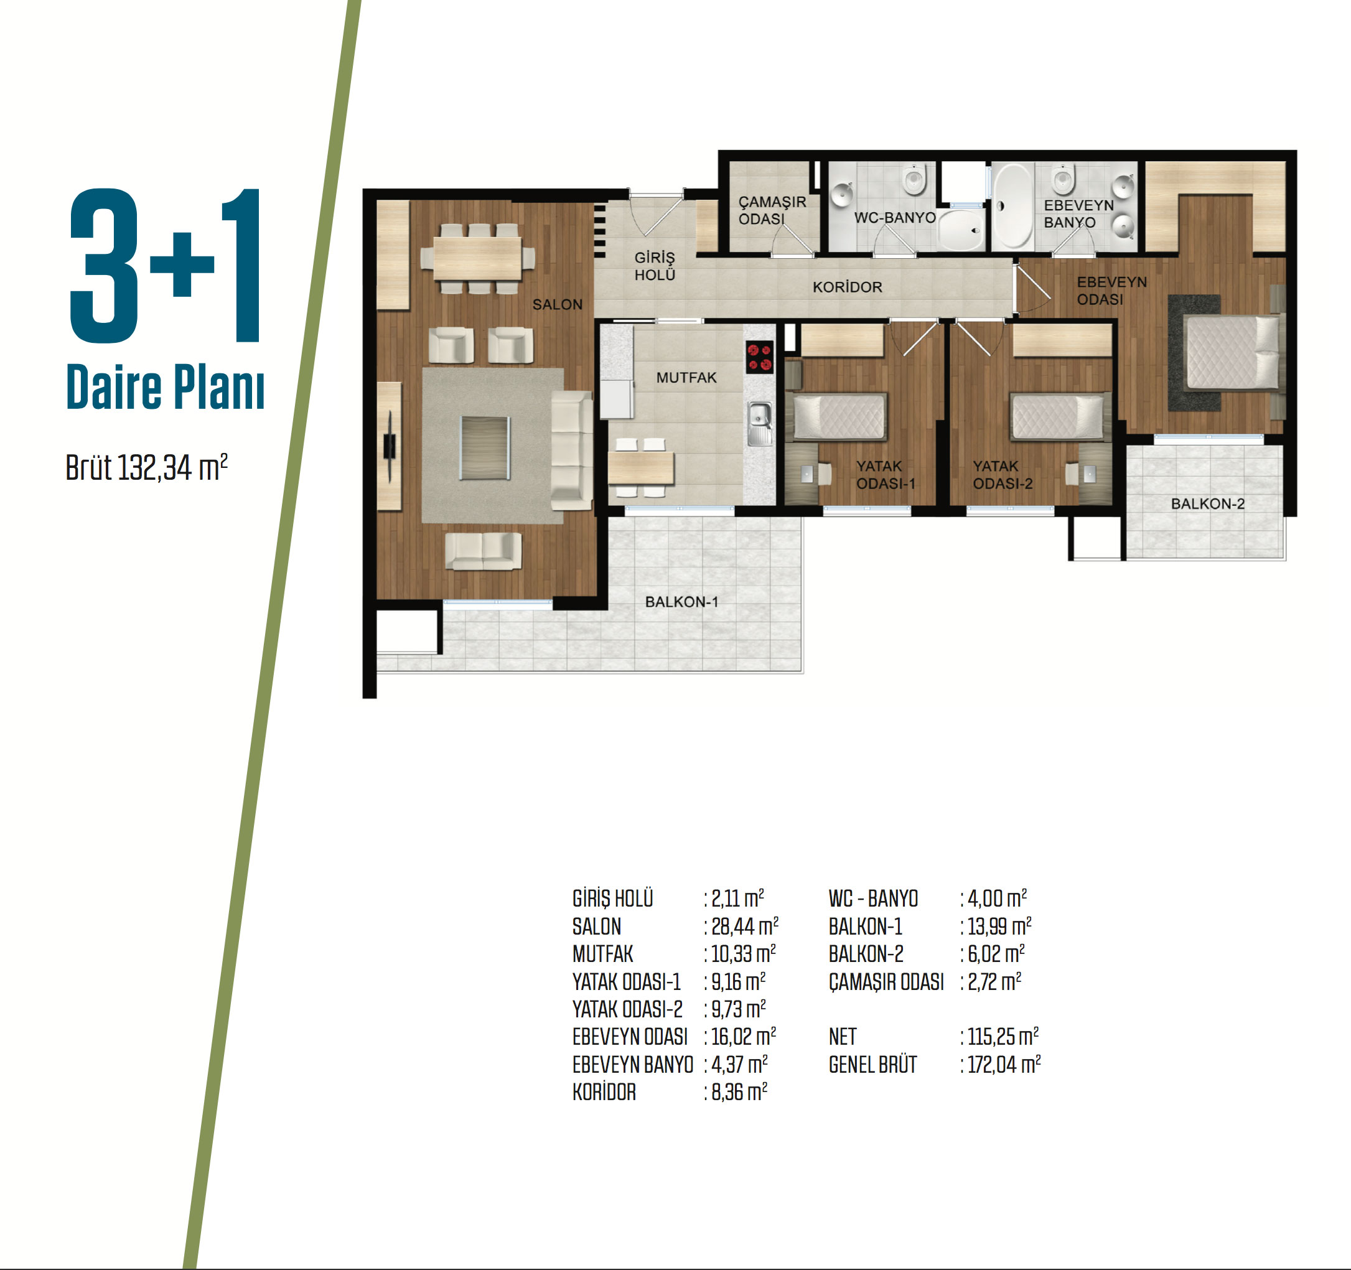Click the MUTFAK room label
(686, 377)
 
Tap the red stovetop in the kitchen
(760, 357)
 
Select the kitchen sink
(760, 423)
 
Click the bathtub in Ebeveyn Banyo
(1012, 205)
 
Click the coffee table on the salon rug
(485, 448)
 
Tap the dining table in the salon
(477, 258)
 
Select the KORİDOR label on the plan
(848, 287)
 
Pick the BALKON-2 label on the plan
(1208, 503)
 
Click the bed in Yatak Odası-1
(840, 416)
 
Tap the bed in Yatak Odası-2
(1058, 416)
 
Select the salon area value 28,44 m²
(745, 926)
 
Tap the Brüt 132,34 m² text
(147, 467)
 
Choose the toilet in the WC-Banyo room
(915, 179)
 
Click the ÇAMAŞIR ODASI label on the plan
(772, 210)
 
